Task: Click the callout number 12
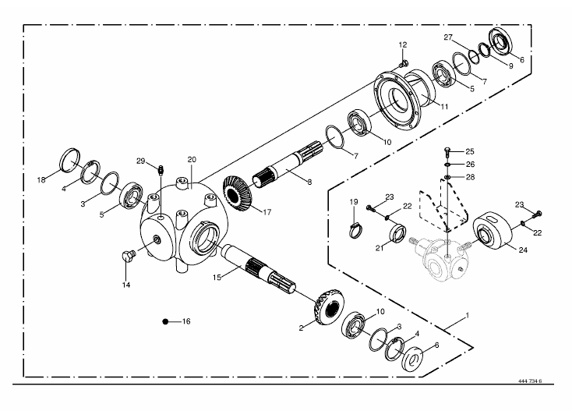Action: point(403,45)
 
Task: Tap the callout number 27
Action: point(448,37)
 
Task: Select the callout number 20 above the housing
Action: point(192,160)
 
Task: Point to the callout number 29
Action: point(141,161)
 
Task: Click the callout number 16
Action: point(186,321)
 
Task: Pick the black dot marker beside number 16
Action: point(165,321)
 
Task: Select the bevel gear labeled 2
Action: point(328,308)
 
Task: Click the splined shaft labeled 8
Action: point(288,165)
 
